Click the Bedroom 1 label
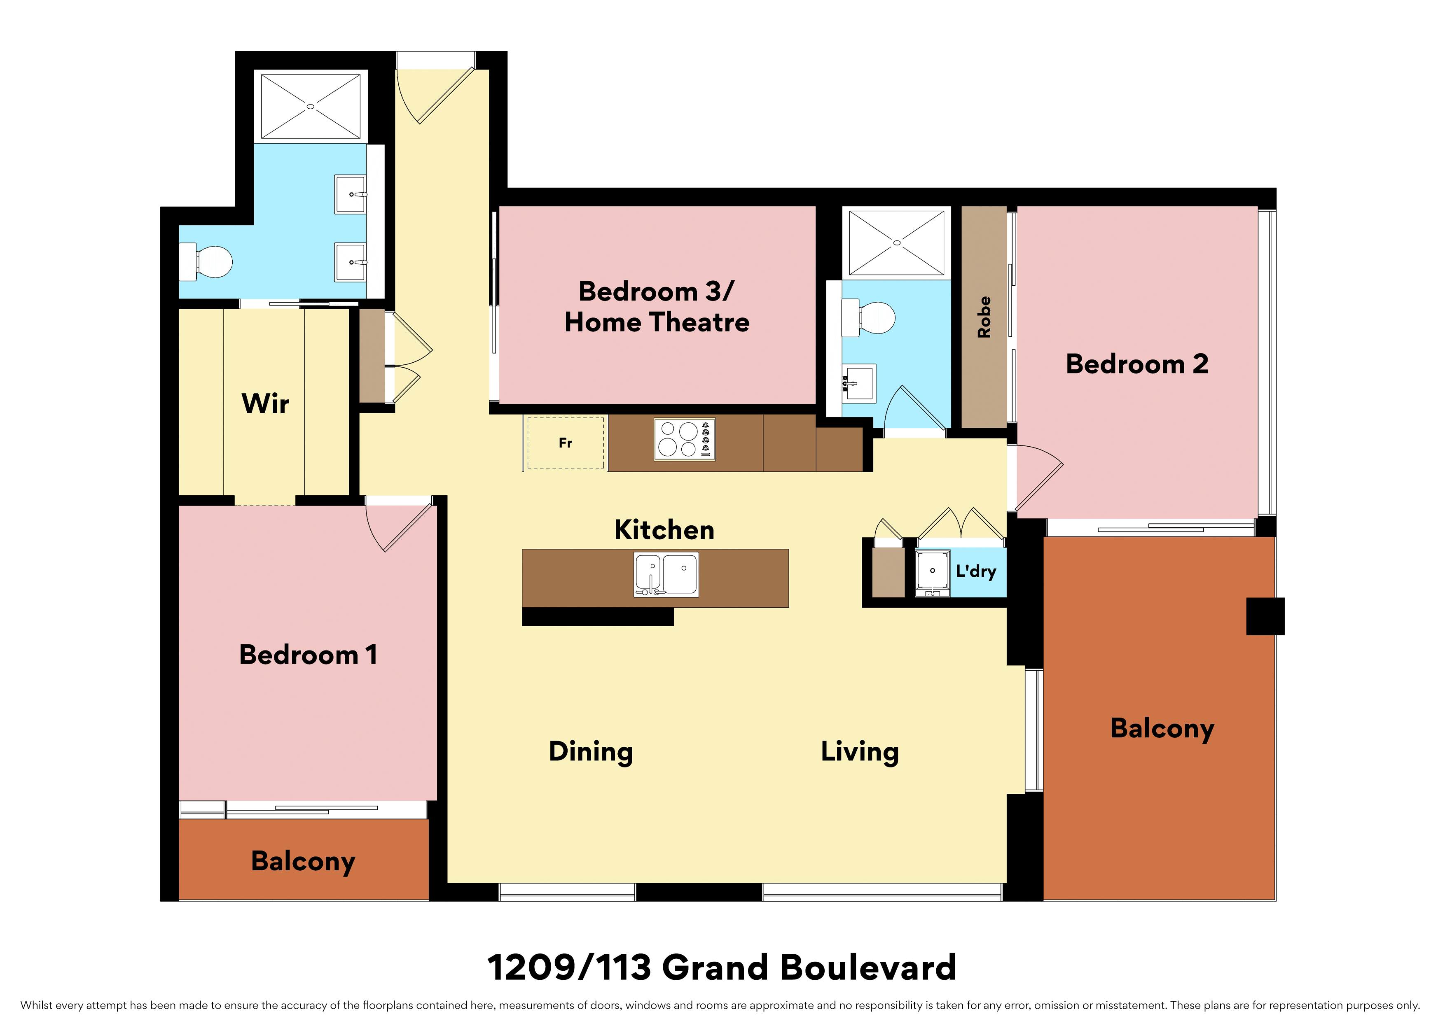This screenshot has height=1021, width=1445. click(309, 655)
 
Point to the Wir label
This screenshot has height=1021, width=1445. click(266, 403)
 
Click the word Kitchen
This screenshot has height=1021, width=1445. click(664, 530)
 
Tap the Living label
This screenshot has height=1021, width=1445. click(860, 752)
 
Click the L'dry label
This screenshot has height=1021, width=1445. click(975, 571)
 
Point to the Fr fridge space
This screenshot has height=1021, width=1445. click(565, 443)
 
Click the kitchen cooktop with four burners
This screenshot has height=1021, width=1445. click(685, 439)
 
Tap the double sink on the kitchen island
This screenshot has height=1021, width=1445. click(666, 574)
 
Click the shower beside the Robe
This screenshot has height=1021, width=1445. click(896, 243)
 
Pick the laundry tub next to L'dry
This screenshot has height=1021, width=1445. click(933, 573)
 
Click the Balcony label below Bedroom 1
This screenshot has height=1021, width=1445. click(303, 861)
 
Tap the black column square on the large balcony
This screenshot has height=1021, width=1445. click(1265, 616)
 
